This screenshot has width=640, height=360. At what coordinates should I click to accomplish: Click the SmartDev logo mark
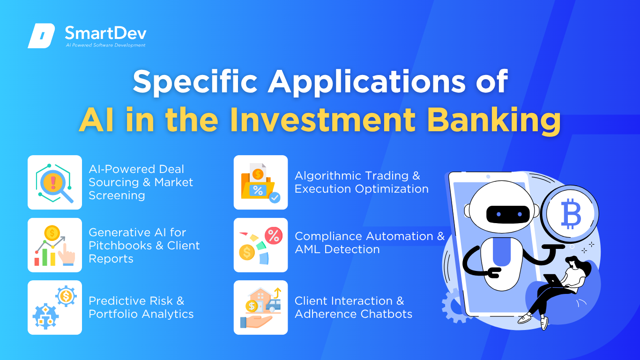click(x=41, y=36)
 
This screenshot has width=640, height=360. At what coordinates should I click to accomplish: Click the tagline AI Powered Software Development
click(x=105, y=45)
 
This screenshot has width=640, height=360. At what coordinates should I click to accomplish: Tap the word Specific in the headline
click(x=195, y=82)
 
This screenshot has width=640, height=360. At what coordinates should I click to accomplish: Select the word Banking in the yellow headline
click(x=494, y=120)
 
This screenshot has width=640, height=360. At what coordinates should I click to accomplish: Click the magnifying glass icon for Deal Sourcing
click(x=54, y=183)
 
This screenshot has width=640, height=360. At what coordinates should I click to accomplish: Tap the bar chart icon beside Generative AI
click(x=54, y=245)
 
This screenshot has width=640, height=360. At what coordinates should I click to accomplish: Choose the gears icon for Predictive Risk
click(x=54, y=307)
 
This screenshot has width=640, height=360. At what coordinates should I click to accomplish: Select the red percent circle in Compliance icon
click(x=274, y=236)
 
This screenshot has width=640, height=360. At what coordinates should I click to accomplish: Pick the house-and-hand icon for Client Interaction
click(x=260, y=307)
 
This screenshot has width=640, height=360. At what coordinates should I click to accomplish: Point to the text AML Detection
click(x=337, y=249)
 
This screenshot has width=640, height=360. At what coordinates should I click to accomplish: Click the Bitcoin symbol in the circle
click(x=571, y=214)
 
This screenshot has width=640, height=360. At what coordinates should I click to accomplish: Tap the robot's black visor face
click(x=508, y=215)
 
